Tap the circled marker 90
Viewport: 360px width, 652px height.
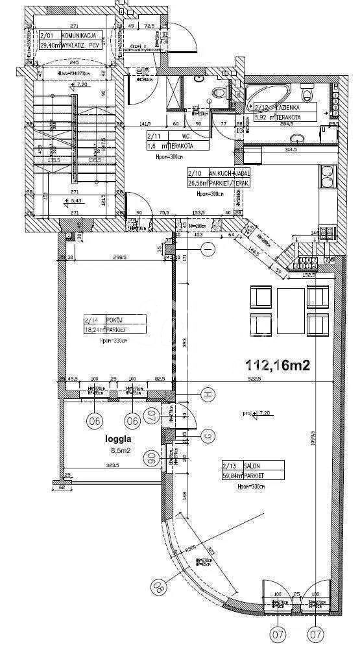151,459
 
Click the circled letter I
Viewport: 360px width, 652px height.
208,249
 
